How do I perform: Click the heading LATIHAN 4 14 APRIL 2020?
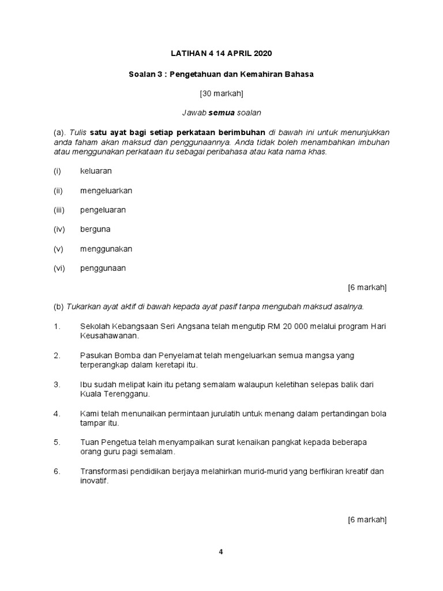tap(221, 54)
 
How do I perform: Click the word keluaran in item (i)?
tap(96, 171)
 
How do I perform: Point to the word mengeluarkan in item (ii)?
tap(106, 190)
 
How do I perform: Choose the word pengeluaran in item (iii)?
tap(103, 210)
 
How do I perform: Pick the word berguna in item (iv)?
tap(95, 229)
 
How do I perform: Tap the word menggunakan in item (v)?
tap(106, 249)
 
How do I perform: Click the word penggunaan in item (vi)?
tap(103, 268)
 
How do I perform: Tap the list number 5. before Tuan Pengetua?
tap(57, 442)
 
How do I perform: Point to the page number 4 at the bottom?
tap(221, 551)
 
